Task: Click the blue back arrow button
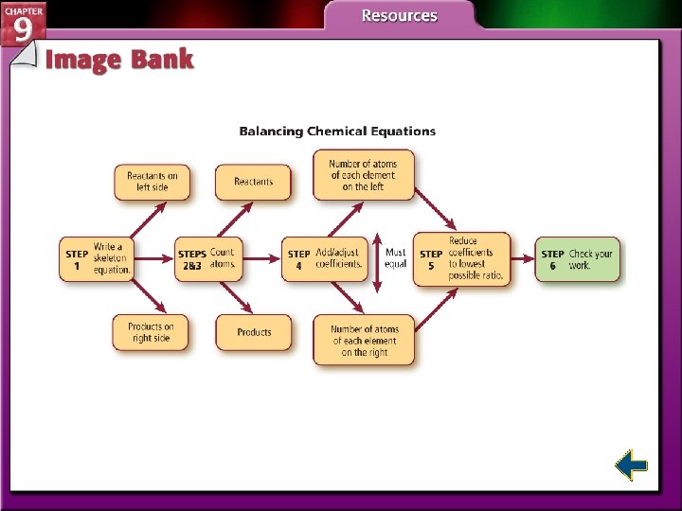coord(630,466)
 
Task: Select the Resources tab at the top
coord(399,16)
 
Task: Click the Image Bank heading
coord(119,60)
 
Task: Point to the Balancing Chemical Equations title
coord(337,132)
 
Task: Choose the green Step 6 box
coord(578,259)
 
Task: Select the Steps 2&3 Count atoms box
coord(207,259)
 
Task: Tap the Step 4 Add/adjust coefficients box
coord(324,259)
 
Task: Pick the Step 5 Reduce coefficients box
coord(461,259)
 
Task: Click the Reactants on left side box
coord(152,182)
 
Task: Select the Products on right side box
coord(151,332)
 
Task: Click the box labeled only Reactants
coord(253,182)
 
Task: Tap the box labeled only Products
coord(253,332)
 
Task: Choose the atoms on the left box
coord(364,175)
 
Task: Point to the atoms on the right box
coord(364,341)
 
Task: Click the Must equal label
coord(396,258)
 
